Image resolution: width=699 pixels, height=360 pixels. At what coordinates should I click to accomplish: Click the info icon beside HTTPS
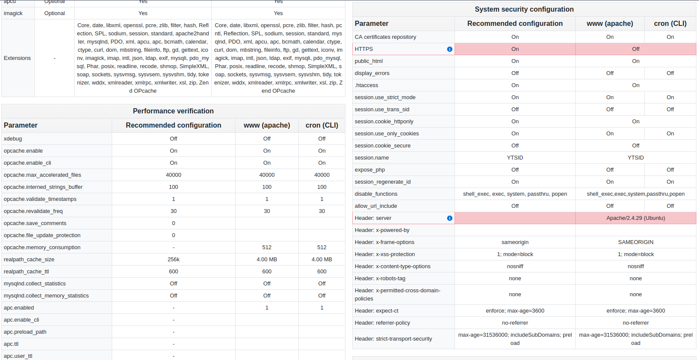pyautogui.click(x=449, y=49)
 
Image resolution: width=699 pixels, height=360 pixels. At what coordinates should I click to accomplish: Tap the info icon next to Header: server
pyautogui.click(x=449, y=218)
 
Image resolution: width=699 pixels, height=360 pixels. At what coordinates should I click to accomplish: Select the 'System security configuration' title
pyautogui.click(x=524, y=9)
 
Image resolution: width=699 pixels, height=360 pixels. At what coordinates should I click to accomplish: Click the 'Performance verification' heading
pyautogui.click(x=173, y=111)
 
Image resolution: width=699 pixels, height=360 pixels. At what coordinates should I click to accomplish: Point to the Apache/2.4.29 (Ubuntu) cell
pyautogui.click(x=635, y=218)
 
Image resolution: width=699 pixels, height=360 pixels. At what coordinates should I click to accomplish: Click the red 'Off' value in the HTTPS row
pyautogui.click(x=635, y=49)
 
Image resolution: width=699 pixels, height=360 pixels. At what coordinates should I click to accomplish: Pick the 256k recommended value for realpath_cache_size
pyautogui.click(x=173, y=260)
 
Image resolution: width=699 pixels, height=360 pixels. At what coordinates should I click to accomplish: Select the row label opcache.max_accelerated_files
pyautogui.click(x=42, y=175)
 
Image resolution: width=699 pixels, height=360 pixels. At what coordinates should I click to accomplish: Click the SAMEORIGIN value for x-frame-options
pyautogui.click(x=635, y=242)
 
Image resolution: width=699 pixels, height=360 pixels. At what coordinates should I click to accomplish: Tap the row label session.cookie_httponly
pyautogui.click(x=384, y=122)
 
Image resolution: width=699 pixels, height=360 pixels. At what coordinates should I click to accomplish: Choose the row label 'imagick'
pyautogui.click(x=13, y=13)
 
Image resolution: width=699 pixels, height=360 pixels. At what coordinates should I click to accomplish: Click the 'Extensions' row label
pyautogui.click(x=17, y=58)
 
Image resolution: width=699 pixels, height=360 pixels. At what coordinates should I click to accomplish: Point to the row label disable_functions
pyautogui.click(x=376, y=194)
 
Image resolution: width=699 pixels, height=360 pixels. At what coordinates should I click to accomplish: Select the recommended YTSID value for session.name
pyautogui.click(x=515, y=158)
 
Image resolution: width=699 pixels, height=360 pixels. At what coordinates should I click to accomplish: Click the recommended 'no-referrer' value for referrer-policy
pyautogui.click(x=515, y=323)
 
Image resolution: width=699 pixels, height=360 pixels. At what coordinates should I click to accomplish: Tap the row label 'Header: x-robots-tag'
pyautogui.click(x=380, y=279)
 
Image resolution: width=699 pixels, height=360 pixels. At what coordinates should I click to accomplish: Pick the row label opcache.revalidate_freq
pyautogui.click(x=33, y=211)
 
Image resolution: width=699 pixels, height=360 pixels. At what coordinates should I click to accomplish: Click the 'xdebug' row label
pyautogui.click(x=13, y=139)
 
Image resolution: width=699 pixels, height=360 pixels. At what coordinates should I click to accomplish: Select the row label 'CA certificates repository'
pyautogui.click(x=385, y=37)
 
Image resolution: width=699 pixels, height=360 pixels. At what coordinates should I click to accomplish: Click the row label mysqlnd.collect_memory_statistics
pyautogui.click(x=46, y=296)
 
